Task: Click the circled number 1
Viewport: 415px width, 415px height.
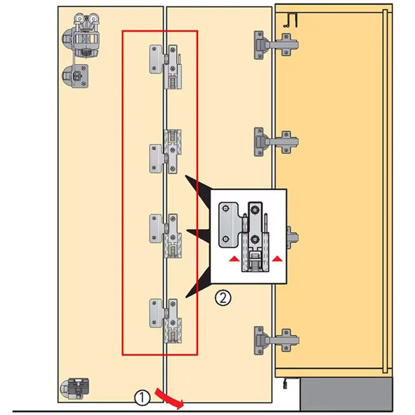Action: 142,397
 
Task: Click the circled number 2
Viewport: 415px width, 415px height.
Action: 223,298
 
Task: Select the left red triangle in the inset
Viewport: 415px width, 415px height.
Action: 234,259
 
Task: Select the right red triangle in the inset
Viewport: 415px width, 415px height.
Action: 277,258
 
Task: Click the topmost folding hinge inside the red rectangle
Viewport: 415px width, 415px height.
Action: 165,67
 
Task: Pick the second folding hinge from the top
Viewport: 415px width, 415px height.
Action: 165,151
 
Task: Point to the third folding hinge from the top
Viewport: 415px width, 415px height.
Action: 165,236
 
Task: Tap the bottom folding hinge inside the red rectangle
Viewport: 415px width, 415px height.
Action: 165,321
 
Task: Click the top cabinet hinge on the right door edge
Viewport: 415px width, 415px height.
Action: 276,45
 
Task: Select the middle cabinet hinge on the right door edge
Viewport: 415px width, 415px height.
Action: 276,142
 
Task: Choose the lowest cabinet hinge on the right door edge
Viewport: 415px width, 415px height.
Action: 276,340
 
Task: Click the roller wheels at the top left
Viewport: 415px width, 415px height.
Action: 86,19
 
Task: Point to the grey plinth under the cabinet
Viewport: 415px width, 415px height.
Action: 346,394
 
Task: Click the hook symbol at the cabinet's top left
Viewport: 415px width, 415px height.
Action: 290,21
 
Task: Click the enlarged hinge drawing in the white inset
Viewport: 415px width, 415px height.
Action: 243,237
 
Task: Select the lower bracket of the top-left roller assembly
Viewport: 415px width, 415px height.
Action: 75,76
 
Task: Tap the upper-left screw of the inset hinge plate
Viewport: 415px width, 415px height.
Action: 226,209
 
